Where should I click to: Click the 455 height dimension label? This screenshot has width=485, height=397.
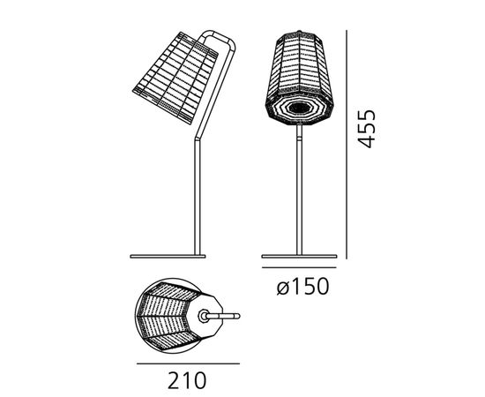tap(367, 129)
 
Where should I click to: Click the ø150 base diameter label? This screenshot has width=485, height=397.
tap(302, 286)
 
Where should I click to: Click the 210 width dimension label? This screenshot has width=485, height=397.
tap(187, 380)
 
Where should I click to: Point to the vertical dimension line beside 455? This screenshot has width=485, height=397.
tap(347, 144)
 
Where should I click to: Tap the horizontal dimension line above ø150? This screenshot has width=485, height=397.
tap(299, 267)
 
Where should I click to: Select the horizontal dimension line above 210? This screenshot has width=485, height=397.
tap(188, 363)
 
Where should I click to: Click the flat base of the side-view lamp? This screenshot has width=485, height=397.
tap(168, 256)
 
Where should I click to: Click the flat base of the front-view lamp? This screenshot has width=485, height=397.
tap(299, 256)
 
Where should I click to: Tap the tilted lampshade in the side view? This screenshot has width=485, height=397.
tap(175, 78)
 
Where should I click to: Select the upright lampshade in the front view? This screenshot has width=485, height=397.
tap(299, 78)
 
